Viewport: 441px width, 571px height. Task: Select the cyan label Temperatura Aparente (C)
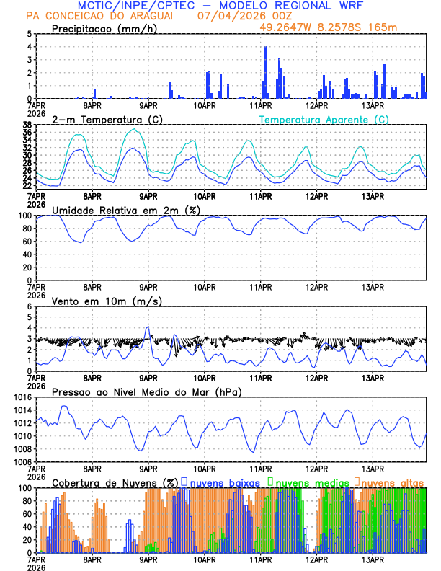coord(324,119)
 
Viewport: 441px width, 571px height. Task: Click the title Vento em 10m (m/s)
coord(107,301)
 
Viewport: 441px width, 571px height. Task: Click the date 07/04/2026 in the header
coord(226,15)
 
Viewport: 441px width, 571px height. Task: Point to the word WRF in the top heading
coord(357,5)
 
